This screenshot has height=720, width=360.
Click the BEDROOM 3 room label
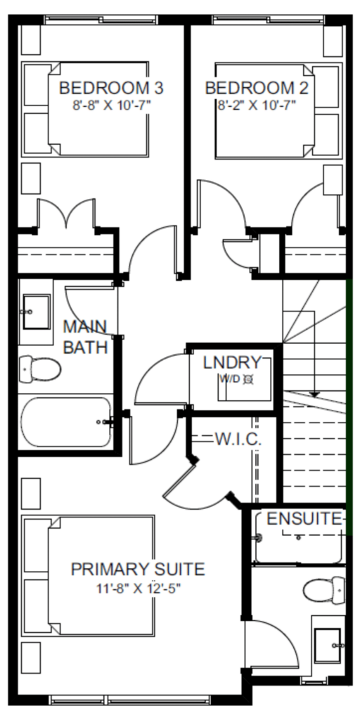[x=112, y=88]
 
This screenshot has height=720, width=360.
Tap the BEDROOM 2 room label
[x=257, y=88]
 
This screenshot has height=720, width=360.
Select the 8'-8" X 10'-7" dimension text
[x=112, y=105]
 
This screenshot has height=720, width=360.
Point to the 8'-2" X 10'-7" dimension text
[x=257, y=105]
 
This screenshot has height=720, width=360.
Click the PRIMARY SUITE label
[x=138, y=570]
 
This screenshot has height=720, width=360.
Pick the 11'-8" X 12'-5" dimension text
[x=138, y=589]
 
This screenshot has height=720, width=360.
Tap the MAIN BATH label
[x=85, y=337]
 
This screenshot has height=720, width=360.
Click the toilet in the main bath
[x=40, y=368]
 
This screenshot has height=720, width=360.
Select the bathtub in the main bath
[x=67, y=422]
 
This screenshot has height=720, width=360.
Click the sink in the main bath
[x=37, y=311]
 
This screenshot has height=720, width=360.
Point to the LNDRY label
[x=232, y=363]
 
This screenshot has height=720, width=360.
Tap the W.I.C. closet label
[x=238, y=439]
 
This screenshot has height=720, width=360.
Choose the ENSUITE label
[x=305, y=519]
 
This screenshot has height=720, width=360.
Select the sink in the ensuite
[x=328, y=646]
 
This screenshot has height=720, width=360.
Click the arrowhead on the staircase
[x=314, y=394]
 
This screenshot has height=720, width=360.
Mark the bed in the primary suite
[x=88, y=575]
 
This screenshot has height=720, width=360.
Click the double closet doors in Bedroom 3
[x=67, y=214]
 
